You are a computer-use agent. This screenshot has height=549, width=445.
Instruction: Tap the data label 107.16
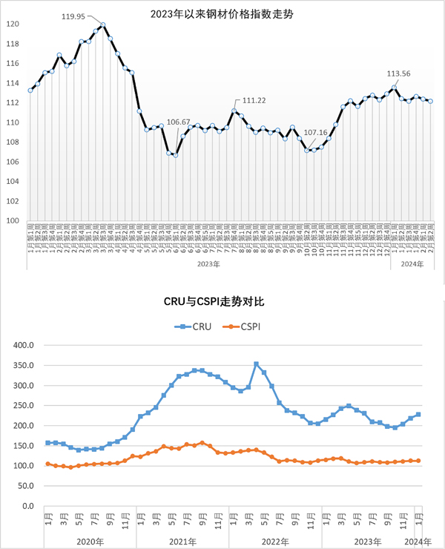[315, 134]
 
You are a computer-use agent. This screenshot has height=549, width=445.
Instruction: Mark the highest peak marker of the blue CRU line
[256, 364]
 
